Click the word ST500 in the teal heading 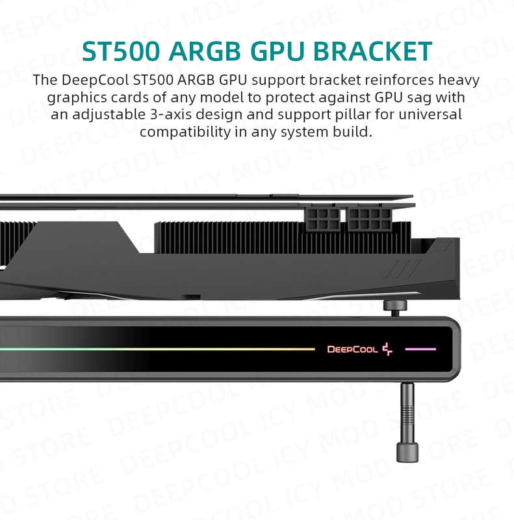point(121,51)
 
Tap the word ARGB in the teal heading point(205,51)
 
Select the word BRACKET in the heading point(373,51)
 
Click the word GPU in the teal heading point(277,51)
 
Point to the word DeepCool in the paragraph point(95,81)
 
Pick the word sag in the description point(420,98)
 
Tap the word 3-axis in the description point(171,115)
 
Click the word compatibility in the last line point(185,133)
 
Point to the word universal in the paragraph point(430,115)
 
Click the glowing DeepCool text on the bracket point(352,349)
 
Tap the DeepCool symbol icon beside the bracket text point(387,349)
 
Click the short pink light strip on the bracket point(420,349)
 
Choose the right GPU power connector point(369,218)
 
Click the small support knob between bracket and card point(395,308)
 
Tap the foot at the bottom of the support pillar point(407,452)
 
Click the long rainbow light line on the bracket point(157,349)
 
